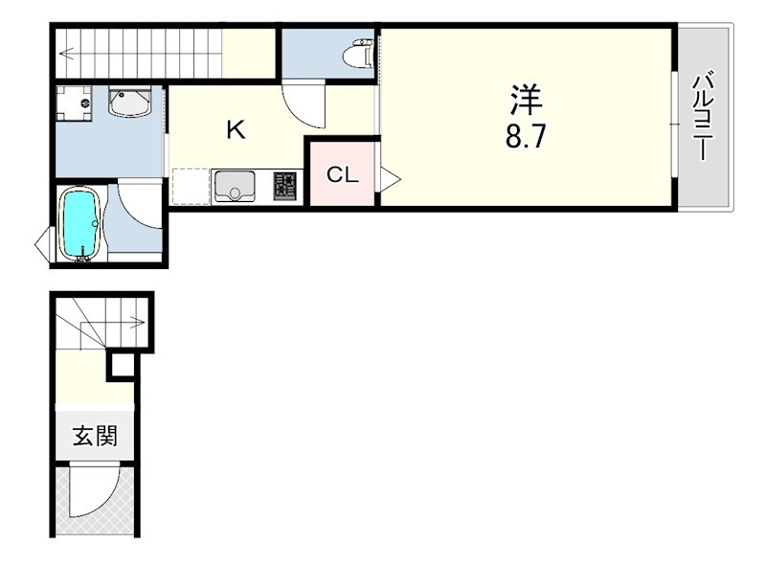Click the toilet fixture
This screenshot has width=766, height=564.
coord(360,53)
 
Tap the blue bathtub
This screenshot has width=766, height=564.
coord(79,224)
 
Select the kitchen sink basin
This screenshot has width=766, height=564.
coord(234,185)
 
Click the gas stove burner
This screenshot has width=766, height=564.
coord(284,185)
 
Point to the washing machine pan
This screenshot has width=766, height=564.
coord(75,103)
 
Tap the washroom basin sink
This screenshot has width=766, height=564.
coord(129,102)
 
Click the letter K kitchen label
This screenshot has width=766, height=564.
coord(236,130)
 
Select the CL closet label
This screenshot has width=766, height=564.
coord(343,174)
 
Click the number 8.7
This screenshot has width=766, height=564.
coord(525,136)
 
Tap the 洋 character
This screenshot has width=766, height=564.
coord(526,100)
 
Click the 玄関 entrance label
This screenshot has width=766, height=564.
coord(95,436)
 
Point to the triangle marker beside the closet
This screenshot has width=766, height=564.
coord(391,179)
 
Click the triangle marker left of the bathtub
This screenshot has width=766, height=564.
coord(43,243)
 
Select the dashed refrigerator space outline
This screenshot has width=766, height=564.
coord(191,186)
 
